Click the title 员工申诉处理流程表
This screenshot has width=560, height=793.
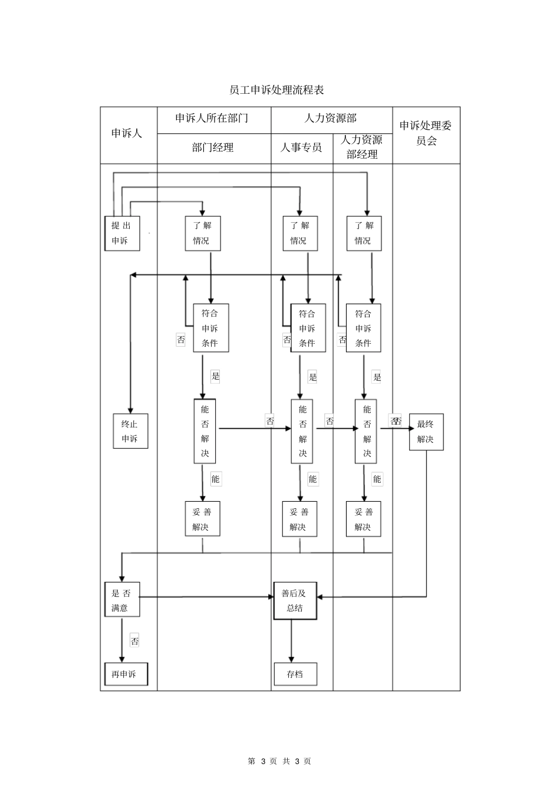276,90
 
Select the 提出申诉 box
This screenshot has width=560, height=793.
122,233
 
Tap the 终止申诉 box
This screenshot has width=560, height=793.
130,432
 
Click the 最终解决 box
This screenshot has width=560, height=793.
426,432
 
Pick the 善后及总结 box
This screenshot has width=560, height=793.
295,601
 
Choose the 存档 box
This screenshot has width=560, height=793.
295,674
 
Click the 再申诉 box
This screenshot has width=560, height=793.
126,674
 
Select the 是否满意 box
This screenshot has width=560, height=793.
122,601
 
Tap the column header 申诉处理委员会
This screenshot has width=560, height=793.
426,133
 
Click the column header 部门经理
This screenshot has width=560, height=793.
213,148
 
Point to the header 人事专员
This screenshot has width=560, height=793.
301,148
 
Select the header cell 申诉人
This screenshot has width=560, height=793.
127,134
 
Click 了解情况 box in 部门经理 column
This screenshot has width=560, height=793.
203,233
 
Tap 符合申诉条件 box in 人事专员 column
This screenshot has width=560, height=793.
308,328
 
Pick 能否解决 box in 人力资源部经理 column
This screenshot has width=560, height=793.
366,432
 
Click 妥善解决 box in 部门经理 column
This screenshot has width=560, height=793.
202,519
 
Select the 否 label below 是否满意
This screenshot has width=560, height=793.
134,641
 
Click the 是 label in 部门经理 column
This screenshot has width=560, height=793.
215,377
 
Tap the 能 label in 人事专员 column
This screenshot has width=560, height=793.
312,479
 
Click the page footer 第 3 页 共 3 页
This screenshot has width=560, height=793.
279,761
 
